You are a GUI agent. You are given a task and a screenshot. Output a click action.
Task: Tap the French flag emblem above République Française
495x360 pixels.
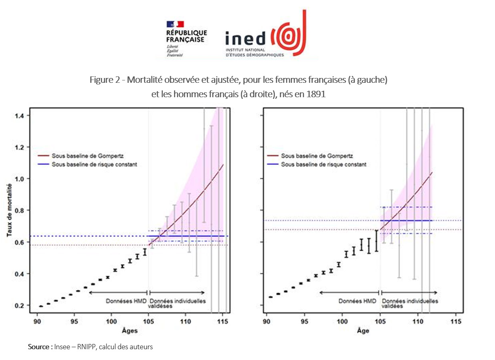tap(175, 24)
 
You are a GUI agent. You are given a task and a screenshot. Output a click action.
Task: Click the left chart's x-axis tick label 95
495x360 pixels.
tap(74, 320)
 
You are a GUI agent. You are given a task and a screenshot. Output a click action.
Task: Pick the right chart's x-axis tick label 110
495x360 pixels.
tap(418, 320)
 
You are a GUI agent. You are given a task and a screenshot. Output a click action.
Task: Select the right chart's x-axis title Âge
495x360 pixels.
tap(363, 331)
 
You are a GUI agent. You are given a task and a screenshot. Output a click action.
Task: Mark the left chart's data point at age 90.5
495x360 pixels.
tap(41, 306)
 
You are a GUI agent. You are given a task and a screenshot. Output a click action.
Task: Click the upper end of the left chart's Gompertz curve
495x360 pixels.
tap(222, 164)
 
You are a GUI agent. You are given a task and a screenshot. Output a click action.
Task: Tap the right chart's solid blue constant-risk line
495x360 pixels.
tap(406, 220)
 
